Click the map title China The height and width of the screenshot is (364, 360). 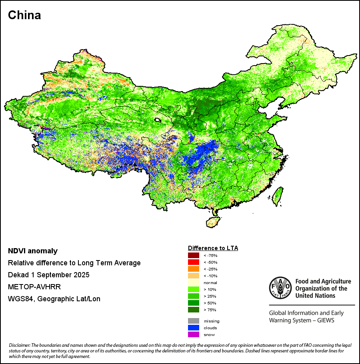tap(24, 15)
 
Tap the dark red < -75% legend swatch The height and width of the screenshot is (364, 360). tap(193, 255)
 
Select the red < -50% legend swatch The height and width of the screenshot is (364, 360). tap(193, 262)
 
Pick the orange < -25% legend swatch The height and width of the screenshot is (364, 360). tap(193, 269)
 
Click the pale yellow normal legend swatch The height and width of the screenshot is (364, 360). tap(193, 282)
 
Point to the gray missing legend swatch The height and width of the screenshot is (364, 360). tap(193, 321)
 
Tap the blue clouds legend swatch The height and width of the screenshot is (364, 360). tap(193, 328)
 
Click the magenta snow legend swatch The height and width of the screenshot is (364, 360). tap(193, 334)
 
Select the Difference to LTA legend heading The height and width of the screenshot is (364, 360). tap(213, 248)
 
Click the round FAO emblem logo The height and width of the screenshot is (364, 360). tap(280, 288)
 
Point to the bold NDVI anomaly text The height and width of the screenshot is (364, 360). tap(33, 251)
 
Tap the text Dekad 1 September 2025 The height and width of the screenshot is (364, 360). tap(48, 275)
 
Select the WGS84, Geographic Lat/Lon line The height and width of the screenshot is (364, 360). tap(54, 299)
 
